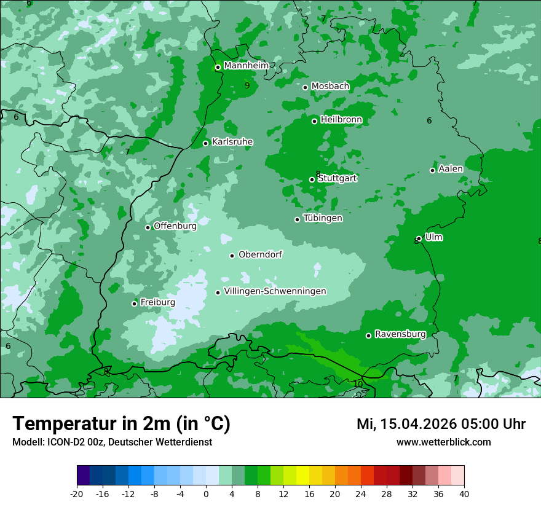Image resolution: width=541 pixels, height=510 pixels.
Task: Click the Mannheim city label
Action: pyautogui.click(x=246, y=65)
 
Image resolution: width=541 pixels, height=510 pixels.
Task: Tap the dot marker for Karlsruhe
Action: pyautogui.click(x=206, y=143)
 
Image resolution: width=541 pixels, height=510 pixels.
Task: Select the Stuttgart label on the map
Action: pyautogui.click(x=337, y=178)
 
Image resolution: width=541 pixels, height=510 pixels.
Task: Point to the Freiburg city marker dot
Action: pyautogui.click(x=134, y=304)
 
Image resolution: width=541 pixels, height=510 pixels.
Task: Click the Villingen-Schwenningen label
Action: pyautogui.click(x=275, y=291)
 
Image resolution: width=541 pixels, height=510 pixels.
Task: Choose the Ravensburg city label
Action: pyautogui.click(x=400, y=334)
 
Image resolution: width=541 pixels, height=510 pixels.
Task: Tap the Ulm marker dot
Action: pyautogui.click(x=419, y=238)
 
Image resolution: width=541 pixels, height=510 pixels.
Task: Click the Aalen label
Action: pyautogui.click(x=451, y=169)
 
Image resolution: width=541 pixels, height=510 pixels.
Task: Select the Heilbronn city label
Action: pyautogui.click(x=341, y=120)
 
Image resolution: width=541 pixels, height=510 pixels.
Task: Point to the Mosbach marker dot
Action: pyautogui.click(x=305, y=87)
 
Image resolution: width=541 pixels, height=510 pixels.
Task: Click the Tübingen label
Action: pyautogui.click(x=323, y=218)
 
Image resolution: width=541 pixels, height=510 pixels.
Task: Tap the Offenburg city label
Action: pyautogui.click(x=175, y=226)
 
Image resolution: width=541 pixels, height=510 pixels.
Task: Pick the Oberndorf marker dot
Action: pyautogui.click(x=232, y=256)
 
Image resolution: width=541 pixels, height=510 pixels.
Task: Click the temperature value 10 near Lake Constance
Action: pyautogui.click(x=358, y=384)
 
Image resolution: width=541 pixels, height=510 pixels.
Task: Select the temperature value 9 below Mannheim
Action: pyautogui.click(x=247, y=85)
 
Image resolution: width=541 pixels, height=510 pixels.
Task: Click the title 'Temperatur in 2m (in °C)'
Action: pyautogui.click(x=121, y=423)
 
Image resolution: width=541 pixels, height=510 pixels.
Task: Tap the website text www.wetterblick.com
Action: pyautogui.click(x=443, y=442)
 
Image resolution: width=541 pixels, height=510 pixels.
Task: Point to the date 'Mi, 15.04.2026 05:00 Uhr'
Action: pyautogui.click(x=441, y=423)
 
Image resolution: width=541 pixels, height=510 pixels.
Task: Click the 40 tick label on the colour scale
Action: pyautogui.click(x=464, y=493)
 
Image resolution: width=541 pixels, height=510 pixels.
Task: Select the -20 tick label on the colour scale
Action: pyautogui.click(x=77, y=493)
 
